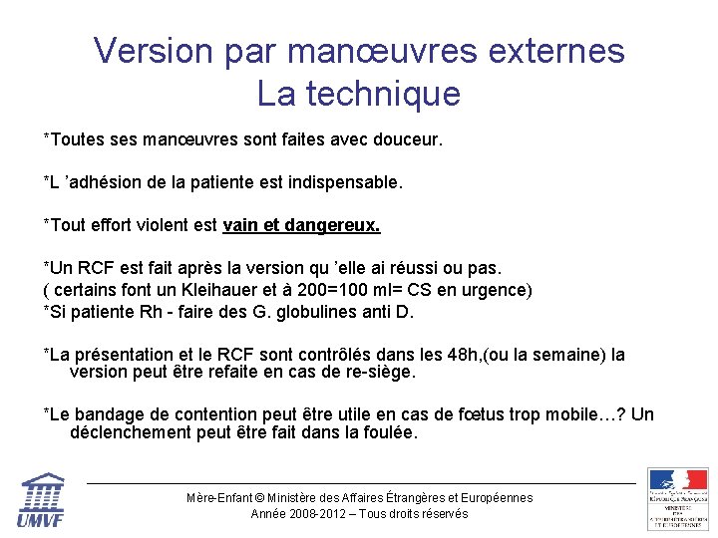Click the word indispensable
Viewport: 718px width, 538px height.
tap(344, 183)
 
